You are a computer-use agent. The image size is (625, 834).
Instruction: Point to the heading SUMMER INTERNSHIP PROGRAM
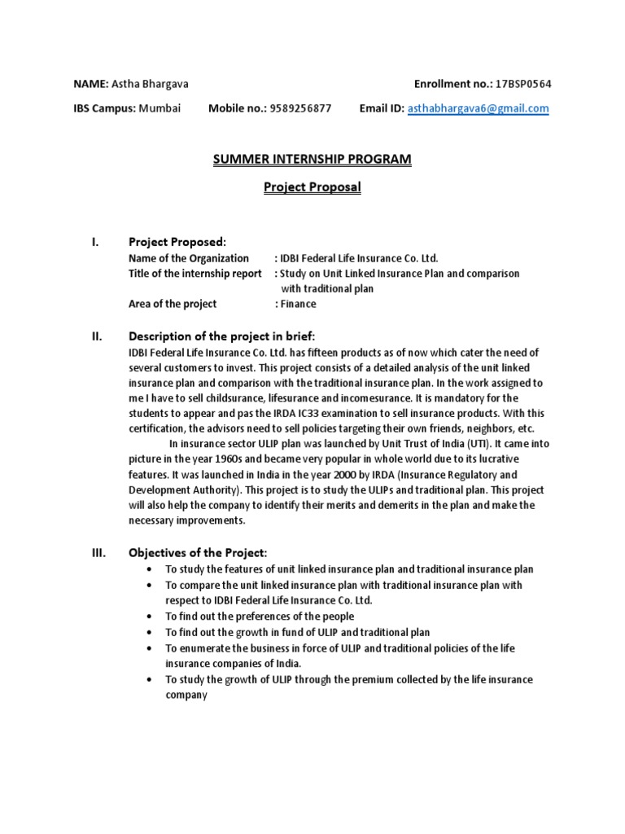pos(312,160)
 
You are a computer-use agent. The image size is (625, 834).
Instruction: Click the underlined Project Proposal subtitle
pos(312,187)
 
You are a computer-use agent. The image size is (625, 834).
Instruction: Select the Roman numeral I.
pos(95,242)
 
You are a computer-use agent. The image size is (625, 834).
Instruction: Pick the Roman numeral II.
pos(96,336)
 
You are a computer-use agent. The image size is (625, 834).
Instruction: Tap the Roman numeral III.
pos(98,553)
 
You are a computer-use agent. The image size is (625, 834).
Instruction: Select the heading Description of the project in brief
pos(221,336)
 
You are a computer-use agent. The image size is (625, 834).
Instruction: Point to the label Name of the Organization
pos(189,258)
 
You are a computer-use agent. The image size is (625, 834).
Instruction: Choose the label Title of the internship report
pos(195,274)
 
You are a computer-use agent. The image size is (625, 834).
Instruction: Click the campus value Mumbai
pos(160,108)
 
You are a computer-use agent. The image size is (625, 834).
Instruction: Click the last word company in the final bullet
pos(187,696)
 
